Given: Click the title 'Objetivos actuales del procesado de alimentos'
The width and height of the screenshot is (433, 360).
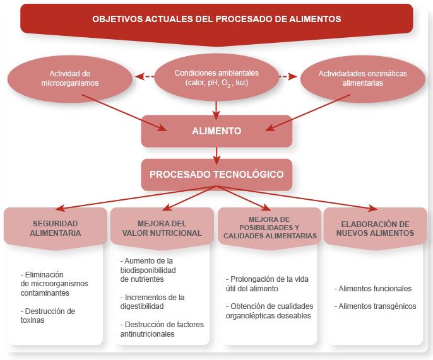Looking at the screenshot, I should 216,19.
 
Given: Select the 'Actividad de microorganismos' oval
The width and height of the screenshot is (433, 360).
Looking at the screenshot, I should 70,78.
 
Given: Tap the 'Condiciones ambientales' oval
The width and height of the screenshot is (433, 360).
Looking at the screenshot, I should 216,78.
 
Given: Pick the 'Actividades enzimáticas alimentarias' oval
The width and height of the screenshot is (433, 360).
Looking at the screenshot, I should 362,78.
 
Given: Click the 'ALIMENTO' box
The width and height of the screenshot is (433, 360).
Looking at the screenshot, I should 216,131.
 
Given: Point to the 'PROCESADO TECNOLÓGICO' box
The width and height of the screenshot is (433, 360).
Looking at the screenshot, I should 216,175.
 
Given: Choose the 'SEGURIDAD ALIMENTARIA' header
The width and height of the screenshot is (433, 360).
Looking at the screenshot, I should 55,228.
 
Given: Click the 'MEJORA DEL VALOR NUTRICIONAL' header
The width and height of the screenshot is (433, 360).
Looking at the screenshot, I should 162,228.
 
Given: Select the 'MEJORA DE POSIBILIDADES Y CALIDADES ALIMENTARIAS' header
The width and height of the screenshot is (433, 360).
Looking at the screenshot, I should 270,227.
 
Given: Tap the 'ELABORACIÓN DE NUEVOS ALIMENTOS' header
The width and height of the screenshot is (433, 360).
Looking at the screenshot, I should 375,228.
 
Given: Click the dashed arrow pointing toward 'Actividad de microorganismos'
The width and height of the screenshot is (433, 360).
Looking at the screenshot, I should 145,77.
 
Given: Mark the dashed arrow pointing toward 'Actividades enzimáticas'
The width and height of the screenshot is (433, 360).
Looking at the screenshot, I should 288,77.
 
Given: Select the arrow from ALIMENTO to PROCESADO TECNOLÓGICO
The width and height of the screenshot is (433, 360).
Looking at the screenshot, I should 216,153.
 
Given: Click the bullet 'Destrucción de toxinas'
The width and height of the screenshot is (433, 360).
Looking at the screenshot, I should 48,315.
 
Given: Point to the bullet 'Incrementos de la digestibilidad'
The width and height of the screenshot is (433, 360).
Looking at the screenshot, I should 152,301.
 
